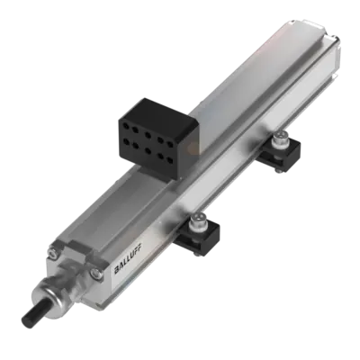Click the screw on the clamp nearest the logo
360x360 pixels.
point(196,220)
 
